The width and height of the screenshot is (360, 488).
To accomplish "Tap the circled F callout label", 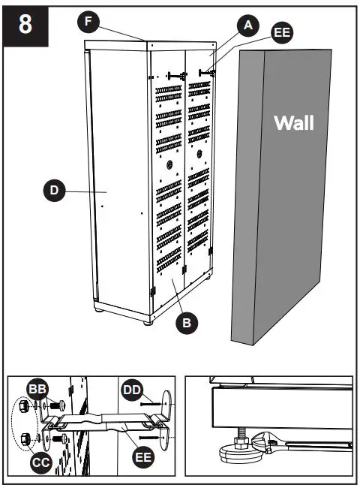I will pyautogui.click(x=88, y=22).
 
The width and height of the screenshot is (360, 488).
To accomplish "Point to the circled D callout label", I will pyautogui.click(x=54, y=191).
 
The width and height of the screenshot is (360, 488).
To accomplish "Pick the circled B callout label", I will pyautogui.click(x=187, y=323).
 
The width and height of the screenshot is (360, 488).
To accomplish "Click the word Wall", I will pyautogui.click(x=294, y=122).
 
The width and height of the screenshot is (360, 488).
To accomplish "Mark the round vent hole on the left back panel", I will pyautogui.click(x=170, y=163).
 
